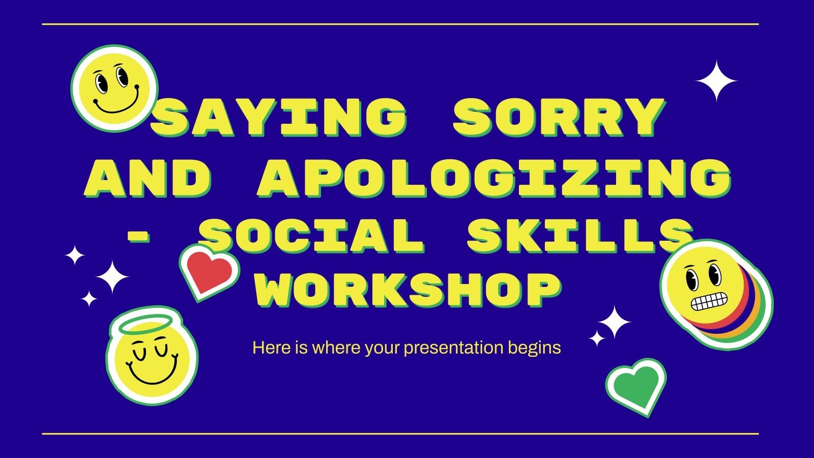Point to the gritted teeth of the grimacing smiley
[x=707, y=303]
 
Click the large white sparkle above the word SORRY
[x=716, y=81]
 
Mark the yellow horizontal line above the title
[x=400, y=24]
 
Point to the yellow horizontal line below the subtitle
[x=400, y=434]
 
